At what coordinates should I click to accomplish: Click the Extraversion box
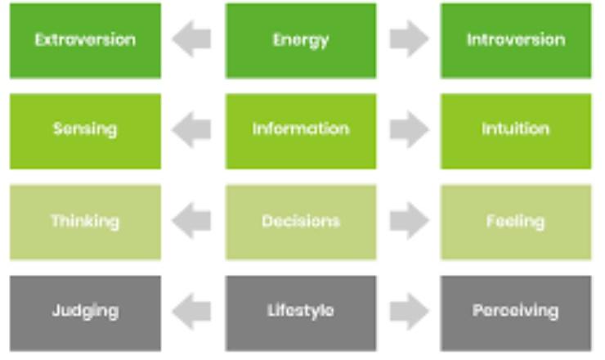tap(85, 41)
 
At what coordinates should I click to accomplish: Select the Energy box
tap(301, 41)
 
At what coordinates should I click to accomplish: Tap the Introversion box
tap(516, 41)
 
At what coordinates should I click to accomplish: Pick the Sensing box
tap(85, 132)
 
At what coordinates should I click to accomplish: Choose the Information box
tap(301, 132)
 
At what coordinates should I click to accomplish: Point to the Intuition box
tap(516, 132)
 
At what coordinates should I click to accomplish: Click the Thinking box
tap(85, 222)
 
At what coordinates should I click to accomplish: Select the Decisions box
tap(301, 222)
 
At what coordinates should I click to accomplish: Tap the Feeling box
tap(516, 222)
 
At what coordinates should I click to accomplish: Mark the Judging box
tap(85, 313)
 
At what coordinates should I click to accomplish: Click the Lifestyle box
tap(301, 313)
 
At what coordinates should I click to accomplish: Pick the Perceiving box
tap(516, 313)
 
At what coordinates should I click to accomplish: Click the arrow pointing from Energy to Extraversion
tap(191, 38)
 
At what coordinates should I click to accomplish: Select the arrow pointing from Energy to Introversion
tap(410, 38)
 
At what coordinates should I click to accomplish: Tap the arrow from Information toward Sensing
tap(191, 129)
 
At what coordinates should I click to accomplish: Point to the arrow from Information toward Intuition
tap(410, 129)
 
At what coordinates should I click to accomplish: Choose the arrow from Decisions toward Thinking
tap(191, 221)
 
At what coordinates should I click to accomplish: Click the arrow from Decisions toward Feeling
tap(410, 221)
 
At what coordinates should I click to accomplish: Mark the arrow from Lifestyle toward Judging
tap(191, 312)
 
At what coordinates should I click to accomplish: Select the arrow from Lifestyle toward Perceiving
tap(410, 312)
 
